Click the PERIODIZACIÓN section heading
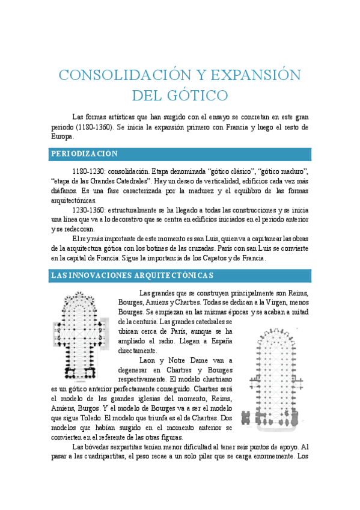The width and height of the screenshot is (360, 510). pyautogui.click(x=84, y=154)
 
